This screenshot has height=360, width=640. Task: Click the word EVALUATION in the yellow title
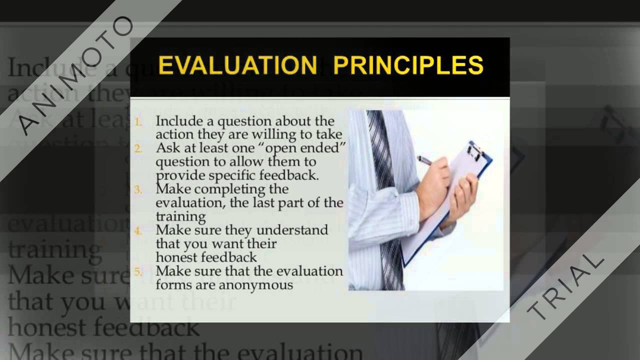tap(237, 66)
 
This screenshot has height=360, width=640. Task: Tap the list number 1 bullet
tap(138, 121)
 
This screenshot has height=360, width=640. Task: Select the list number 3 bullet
tap(138, 190)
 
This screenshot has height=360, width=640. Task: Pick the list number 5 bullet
tap(138, 272)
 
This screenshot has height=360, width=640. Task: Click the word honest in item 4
tap(177, 257)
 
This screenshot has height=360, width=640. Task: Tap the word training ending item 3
tap(180, 217)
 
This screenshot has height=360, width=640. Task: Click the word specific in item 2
tap(233, 176)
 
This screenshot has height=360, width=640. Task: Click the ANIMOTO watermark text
tap(75, 75)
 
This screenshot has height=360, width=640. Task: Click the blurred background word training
tap(55, 249)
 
